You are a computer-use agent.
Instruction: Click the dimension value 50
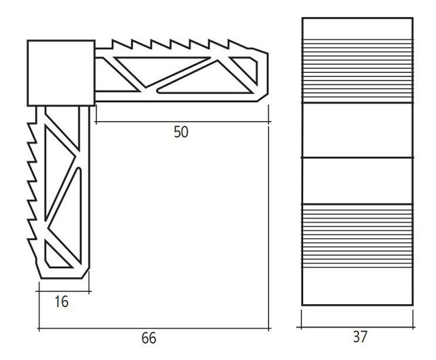[x=180, y=133]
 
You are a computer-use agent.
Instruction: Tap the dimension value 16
[x=61, y=301]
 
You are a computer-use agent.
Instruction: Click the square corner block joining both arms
[x=61, y=73]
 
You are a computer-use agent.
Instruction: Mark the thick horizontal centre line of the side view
[x=357, y=157]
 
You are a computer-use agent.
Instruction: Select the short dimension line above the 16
[x=65, y=292]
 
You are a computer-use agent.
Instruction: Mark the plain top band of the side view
[x=357, y=28]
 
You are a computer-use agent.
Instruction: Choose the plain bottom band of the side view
[x=357, y=284]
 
